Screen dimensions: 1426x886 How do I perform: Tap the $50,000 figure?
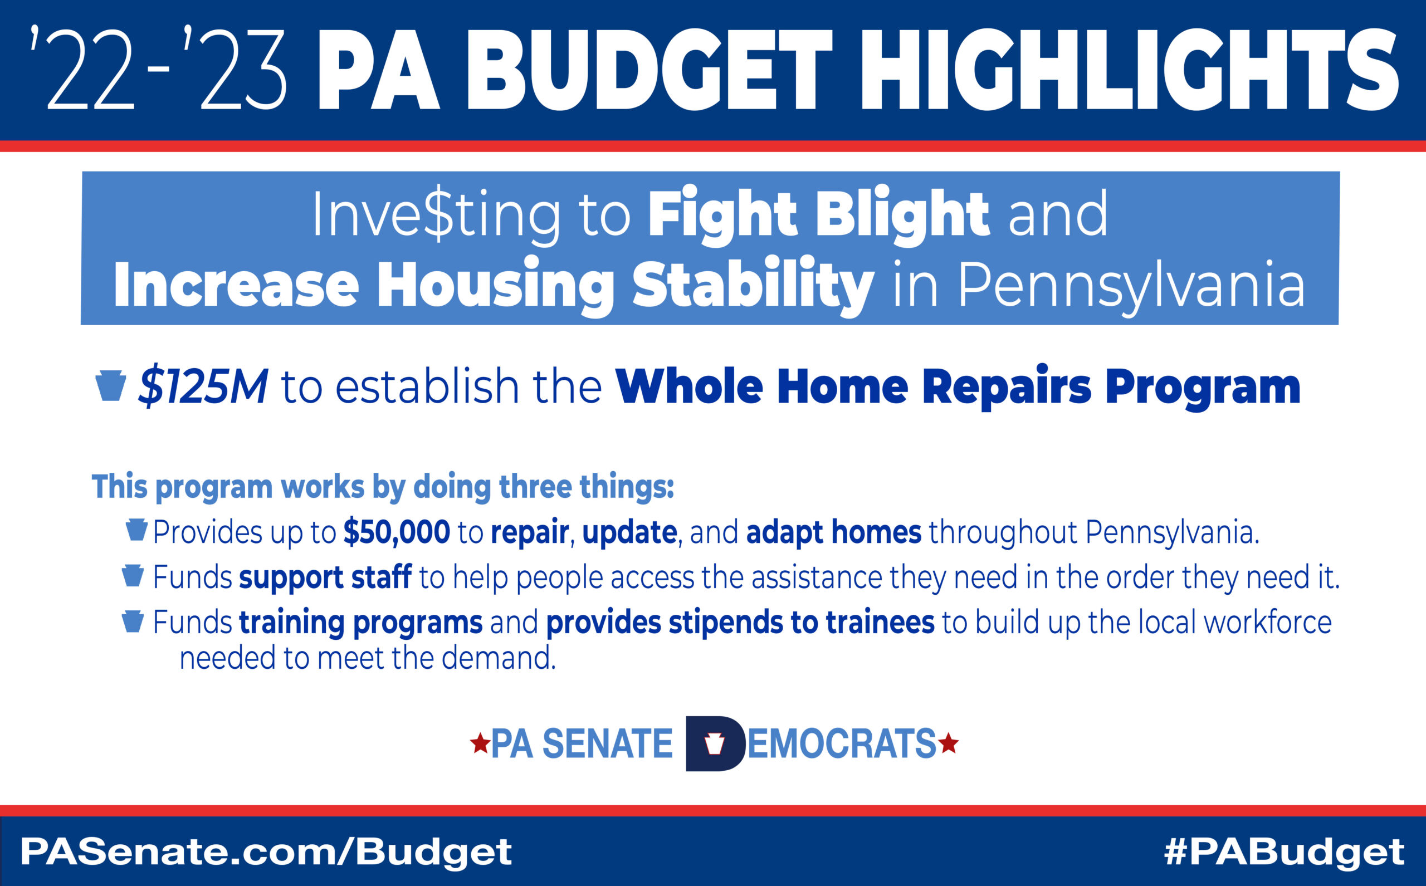pos(397,532)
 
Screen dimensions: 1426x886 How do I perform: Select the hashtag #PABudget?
pos(1284,852)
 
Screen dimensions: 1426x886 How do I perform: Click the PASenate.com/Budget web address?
pos(266,851)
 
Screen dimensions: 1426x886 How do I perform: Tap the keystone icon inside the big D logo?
pos(714,743)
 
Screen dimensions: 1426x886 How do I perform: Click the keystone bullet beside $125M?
pos(110,385)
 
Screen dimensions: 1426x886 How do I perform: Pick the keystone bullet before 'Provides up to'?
pos(136,530)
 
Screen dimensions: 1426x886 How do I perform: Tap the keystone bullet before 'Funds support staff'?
pos(133,575)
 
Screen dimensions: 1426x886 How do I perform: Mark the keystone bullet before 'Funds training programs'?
pos(133,621)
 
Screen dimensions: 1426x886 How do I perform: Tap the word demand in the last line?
pos(498,658)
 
